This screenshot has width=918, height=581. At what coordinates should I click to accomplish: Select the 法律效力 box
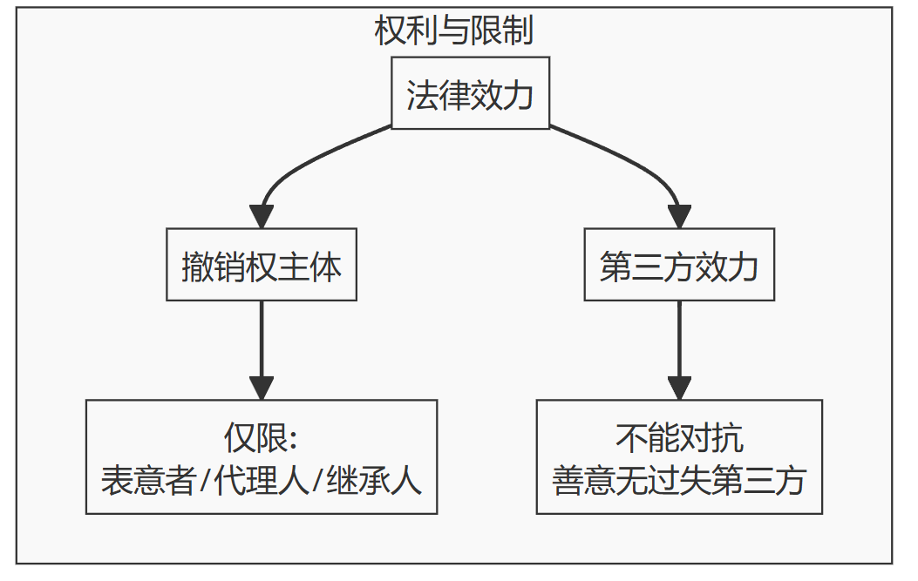(x=470, y=93)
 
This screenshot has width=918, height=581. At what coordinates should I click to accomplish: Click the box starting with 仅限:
(x=262, y=457)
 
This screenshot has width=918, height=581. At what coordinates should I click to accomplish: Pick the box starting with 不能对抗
(x=679, y=457)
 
